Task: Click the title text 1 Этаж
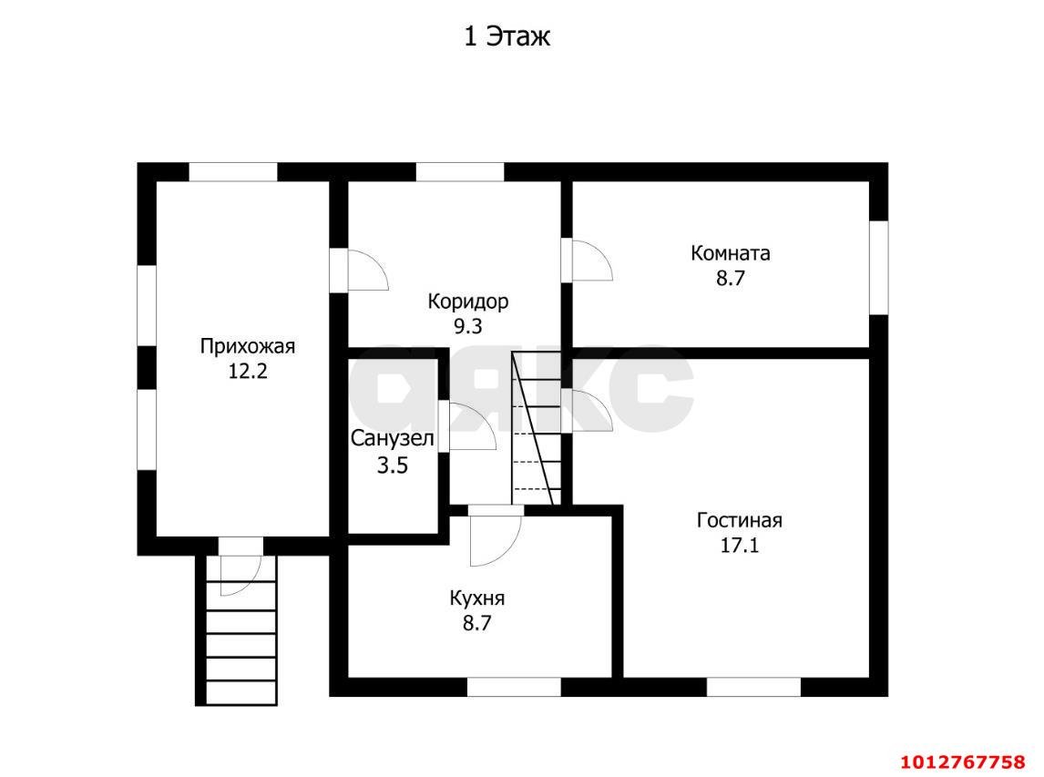pos(507,36)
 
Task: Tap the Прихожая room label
pos(248,347)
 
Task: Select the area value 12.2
pos(248,372)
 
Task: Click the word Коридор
pos(468,302)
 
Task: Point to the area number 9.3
pos(467,326)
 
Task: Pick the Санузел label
pos(393,439)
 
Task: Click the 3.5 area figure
pos(393,465)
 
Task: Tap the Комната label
pos(731,253)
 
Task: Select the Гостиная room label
pos(739,520)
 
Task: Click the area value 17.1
pos(739,546)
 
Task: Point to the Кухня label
pos(477,598)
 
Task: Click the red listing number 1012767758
pos(963,762)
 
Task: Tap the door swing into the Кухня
pos(495,536)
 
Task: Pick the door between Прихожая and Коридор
pos(360,270)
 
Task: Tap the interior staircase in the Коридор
pos(536,429)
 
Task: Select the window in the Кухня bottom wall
pos(513,687)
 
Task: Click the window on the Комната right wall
pos(879,267)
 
